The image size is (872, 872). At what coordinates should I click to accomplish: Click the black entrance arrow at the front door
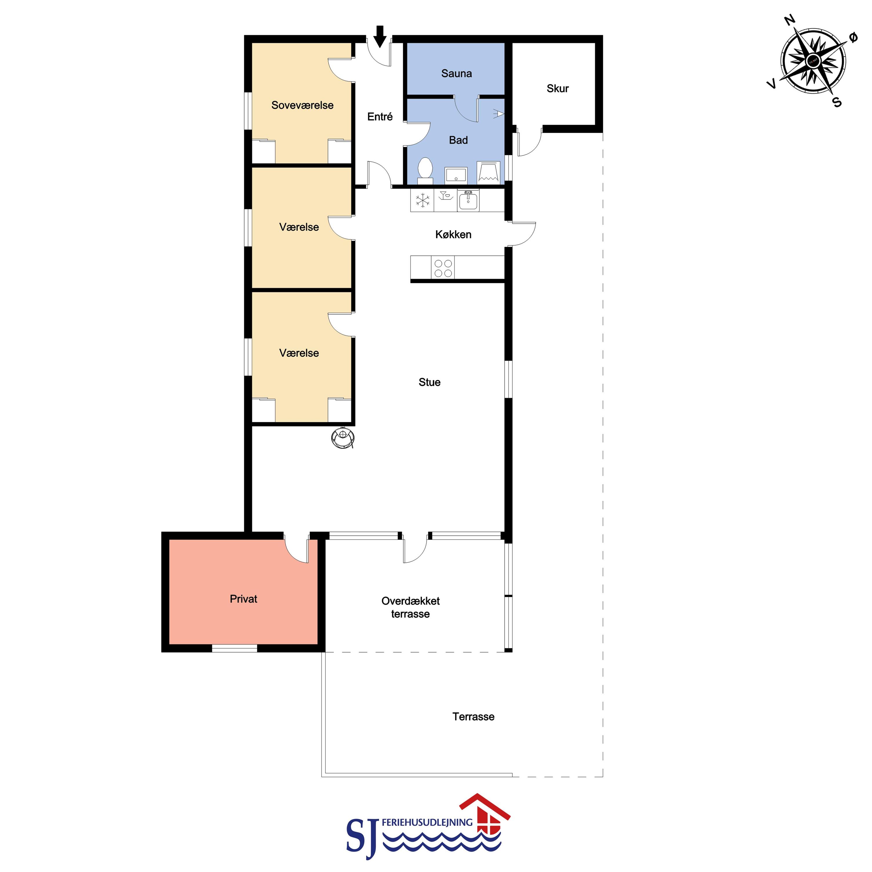[x=380, y=37]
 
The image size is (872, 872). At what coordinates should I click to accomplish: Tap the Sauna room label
[x=456, y=74]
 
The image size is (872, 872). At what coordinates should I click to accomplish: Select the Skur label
[x=557, y=88]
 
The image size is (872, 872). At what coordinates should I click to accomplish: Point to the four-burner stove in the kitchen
[x=443, y=268]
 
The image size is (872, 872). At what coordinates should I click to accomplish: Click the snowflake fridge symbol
[x=423, y=201]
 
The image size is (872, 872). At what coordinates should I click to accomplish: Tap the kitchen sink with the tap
[x=468, y=201]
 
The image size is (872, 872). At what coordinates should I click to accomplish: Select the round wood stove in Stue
[x=343, y=437]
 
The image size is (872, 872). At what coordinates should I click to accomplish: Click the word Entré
[x=380, y=117]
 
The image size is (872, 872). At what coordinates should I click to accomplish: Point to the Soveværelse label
[x=302, y=105]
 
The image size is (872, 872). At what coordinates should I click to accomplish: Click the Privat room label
[x=243, y=599]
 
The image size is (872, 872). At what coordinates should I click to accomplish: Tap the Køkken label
[x=453, y=234]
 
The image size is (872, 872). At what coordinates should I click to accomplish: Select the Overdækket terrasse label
[x=410, y=607]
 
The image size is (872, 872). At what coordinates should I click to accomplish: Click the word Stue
[x=429, y=382]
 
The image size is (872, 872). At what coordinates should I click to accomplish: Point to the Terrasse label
[x=474, y=717]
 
